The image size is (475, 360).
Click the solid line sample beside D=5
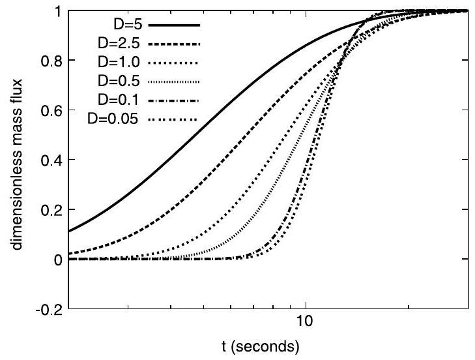(x=173, y=25)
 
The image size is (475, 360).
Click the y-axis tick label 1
(x=57, y=11)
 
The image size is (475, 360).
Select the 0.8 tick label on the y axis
(x=51, y=61)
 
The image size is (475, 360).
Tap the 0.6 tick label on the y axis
(x=51, y=110)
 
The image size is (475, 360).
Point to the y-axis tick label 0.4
(x=51, y=160)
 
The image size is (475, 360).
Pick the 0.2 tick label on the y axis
(x=51, y=209)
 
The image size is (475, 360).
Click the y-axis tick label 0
(x=57, y=259)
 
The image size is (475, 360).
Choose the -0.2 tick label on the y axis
(x=50, y=308)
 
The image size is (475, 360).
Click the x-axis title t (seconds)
(x=268, y=344)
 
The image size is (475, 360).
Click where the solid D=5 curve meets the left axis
(x=68, y=231)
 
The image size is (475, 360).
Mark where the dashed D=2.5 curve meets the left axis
(x=68, y=254)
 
